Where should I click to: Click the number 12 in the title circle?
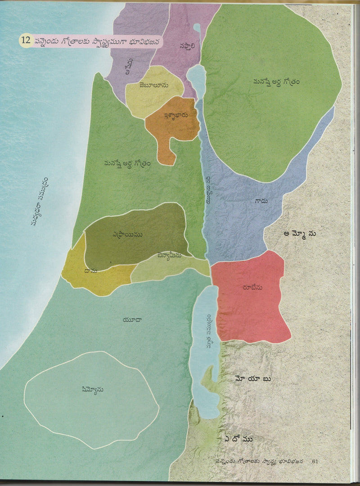(x=25, y=40)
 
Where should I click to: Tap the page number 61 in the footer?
(x=315, y=461)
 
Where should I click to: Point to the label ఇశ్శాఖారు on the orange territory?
(x=170, y=115)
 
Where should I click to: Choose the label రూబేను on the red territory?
(x=252, y=287)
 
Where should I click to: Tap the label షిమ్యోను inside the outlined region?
(x=90, y=390)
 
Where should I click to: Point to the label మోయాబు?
(x=253, y=379)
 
